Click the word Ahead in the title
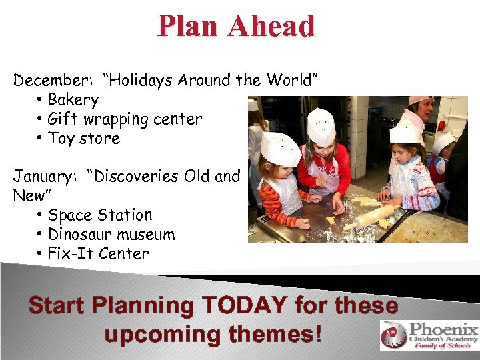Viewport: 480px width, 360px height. coord(271,26)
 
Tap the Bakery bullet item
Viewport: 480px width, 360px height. coord(73,100)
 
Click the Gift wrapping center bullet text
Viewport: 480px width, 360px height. coord(125,119)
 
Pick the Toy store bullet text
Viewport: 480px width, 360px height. coord(84,139)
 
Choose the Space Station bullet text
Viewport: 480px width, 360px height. coord(100,215)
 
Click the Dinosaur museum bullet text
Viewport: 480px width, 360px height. coord(111,235)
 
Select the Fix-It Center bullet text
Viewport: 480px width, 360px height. coord(98,254)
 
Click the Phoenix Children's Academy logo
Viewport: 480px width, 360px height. coord(429,335)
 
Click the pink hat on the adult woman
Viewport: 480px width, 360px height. coord(421,101)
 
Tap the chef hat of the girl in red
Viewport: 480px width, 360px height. coord(321,127)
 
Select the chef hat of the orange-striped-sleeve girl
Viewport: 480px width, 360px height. coord(279,149)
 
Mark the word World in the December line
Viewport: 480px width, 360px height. coord(292,81)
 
